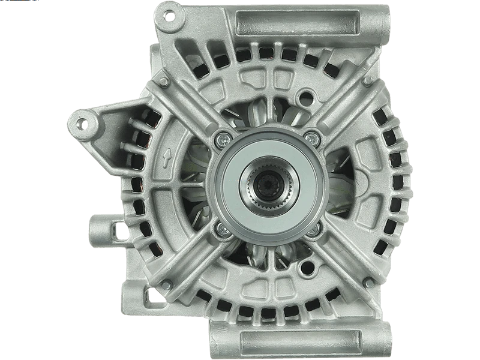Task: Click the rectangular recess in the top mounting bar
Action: (300, 22)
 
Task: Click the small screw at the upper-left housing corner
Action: (164, 80)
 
